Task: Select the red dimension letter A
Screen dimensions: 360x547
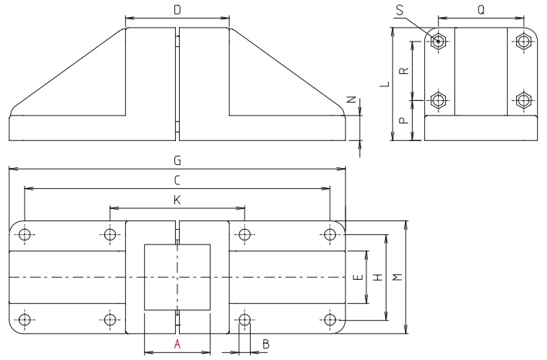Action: pyautogui.click(x=177, y=345)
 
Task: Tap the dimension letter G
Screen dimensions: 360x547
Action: pyautogui.click(x=177, y=160)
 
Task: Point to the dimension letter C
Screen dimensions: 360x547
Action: pyautogui.click(x=177, y=180)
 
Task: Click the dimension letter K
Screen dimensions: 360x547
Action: pyautogui.click(x=177, y=200)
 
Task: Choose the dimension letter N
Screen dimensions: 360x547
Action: pyautogui.click(x=351, y=100)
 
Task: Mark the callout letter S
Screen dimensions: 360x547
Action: pyautogui.click(x=399, y=9)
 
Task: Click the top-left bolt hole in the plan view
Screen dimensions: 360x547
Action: pyautogui.click(x=25, y=234)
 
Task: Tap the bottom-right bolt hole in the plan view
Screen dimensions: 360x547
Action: pyautogui.click(x=330, y=318)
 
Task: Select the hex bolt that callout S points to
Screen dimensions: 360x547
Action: pyautogui.click(x=438, y=41)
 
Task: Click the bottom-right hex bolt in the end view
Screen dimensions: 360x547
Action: pyautogui.click(x=523, y=100)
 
